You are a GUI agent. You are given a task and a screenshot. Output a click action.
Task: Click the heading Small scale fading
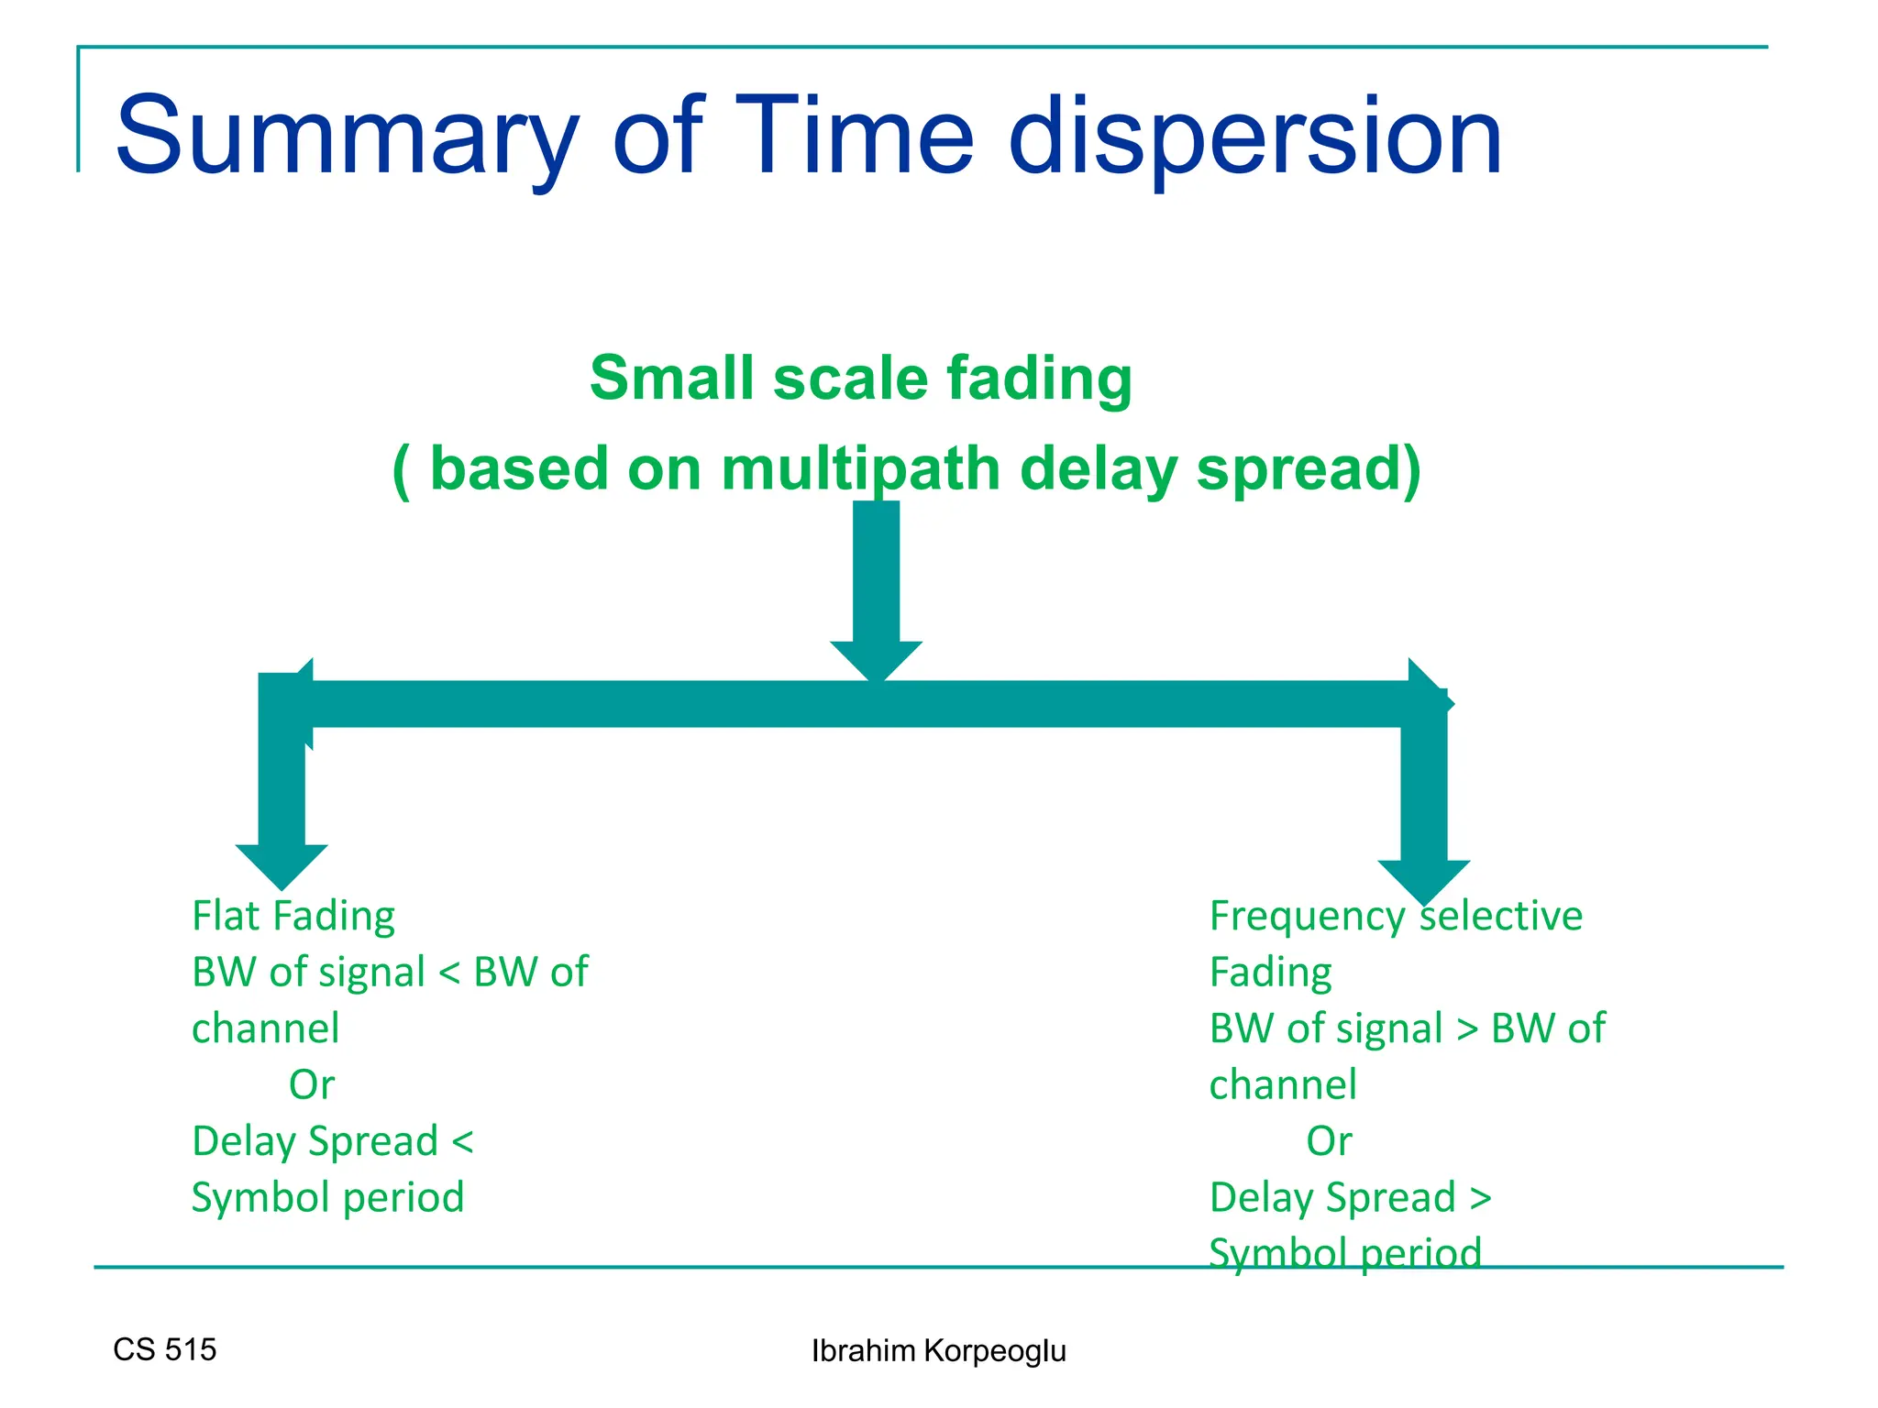[860, 378]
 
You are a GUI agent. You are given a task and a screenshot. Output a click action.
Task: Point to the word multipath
[863, 468]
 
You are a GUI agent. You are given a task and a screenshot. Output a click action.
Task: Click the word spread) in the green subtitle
[1309, 468]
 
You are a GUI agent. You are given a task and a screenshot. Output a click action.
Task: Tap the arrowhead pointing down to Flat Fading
[282, 864]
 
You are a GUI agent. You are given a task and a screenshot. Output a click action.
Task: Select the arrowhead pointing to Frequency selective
[1423, 880]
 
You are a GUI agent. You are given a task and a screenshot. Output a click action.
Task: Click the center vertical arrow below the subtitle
[876, 587]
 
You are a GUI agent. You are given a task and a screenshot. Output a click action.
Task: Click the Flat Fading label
[293, 916]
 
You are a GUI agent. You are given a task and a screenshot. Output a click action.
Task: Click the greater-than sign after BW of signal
[1467, 1029]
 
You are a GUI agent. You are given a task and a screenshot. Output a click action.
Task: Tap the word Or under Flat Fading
[312, 1085]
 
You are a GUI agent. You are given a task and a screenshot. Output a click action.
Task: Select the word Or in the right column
[1329, 1141]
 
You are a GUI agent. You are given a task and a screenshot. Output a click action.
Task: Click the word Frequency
[1307, 917]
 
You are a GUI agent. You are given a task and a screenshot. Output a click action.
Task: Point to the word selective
[1502, 916]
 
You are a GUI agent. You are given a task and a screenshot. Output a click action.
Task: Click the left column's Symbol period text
[327, 1198]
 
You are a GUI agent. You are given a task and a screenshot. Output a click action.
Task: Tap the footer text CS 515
[165, 1349]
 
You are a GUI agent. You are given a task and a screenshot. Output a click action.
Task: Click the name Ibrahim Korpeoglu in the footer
[938, 1351]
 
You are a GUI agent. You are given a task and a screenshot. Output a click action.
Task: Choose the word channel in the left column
[265, 1028]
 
